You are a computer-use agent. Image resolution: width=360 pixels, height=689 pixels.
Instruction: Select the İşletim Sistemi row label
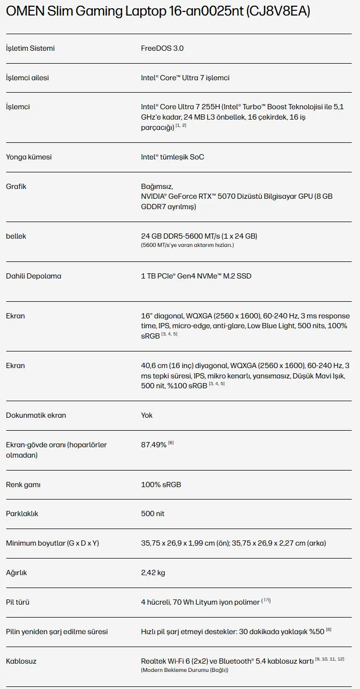pos(30,48)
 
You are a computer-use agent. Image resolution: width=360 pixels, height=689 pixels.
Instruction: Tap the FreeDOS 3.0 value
pos(162,48)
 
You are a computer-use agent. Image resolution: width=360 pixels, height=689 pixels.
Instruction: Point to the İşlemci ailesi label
pos(27,78)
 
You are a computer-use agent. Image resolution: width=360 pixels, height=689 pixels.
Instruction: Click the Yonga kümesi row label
pos(28,157)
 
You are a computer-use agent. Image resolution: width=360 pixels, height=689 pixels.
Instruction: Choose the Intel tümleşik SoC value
pos(172,157)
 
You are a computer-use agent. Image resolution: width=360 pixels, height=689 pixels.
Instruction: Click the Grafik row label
pos(16,186)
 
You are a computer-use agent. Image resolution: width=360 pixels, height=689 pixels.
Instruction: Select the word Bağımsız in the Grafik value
pos(156,186)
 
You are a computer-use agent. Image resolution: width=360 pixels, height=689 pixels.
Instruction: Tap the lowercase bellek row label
pos(16,236)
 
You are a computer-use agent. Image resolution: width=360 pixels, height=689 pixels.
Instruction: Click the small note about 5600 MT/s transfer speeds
pos(187,245)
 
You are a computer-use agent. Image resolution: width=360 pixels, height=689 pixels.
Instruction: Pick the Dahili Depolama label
pos(33,276)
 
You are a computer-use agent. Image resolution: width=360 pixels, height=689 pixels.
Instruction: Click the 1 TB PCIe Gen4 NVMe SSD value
pos(196,276)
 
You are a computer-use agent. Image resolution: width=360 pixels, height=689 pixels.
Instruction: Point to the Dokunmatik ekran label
pos(36,415)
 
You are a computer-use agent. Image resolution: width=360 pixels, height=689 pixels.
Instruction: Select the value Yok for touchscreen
pos(147,415)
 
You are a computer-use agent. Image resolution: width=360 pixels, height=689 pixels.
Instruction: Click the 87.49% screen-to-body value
pos(154,445)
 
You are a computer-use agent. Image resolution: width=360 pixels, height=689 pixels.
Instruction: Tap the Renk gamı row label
pos(23,485)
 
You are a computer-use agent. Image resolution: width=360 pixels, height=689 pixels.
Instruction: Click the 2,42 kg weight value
pos(153,573)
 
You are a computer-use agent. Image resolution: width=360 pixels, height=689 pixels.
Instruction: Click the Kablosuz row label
pos(21,661)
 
